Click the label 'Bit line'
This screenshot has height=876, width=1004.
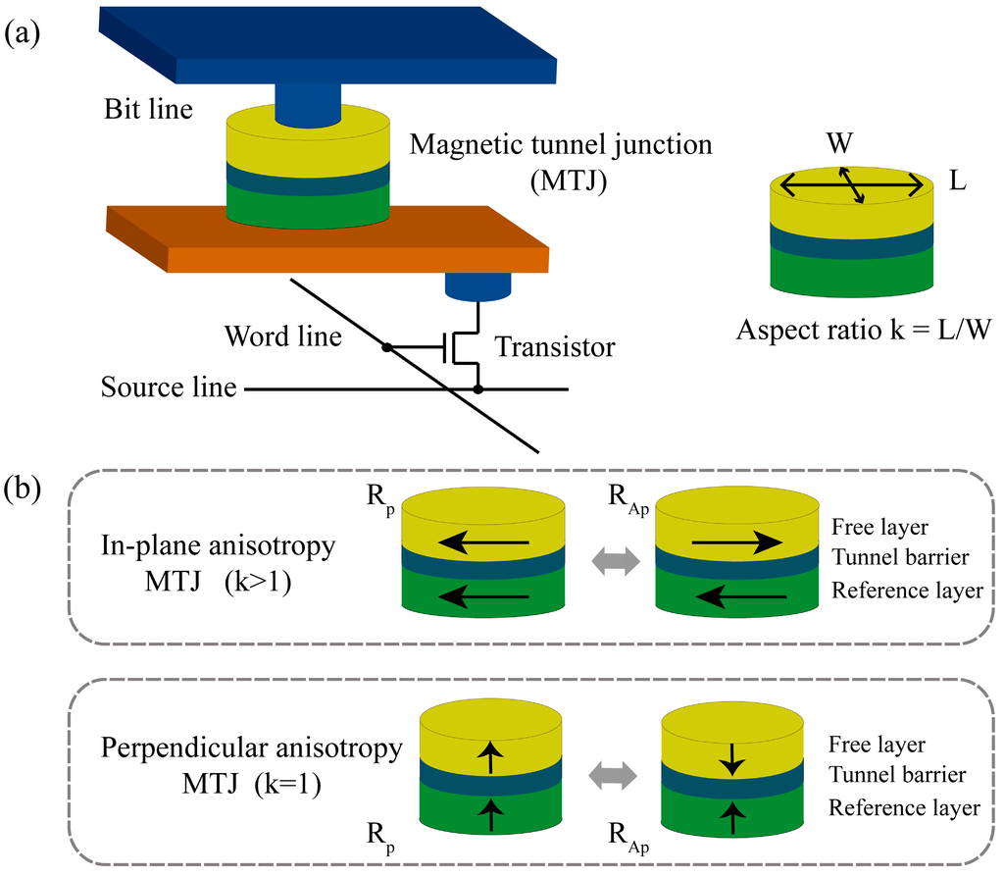pyautogui.click(x=149, y=109)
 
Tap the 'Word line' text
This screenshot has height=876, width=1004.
pyautogui.click(x=282, y=336)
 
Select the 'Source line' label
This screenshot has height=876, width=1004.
pyautogui.click(x=169, y=387)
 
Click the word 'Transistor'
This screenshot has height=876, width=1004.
pyautogui.click(x=555, y=346)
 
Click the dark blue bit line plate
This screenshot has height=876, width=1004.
pyautogui.click(x=327, y=45)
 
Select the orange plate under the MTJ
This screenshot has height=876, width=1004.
pyautogui.click(x=327, y=239)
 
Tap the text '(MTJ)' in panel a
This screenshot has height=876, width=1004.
pyautogui.click(x=569, y=180)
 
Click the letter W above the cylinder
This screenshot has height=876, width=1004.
pyautogui.click(x=839, y=143)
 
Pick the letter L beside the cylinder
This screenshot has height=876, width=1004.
pyautogui.click(x=957, y=181)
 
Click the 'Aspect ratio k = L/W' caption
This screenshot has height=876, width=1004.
pyautogui.click(x=864, y=330)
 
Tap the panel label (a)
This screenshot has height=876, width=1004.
pyautogui.click(x=23, y=33)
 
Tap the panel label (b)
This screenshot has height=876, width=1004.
pyautogui.click(x=23, y=489)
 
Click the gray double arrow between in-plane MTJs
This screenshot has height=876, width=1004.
pyautogui.click(x=616, y=561)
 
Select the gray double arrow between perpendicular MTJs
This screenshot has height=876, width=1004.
pyautogui.click(x=613, y=775)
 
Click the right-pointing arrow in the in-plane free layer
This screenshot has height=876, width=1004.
pyautogui.click(x=737, y=542)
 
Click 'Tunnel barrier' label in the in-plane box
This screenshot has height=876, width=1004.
pyautogui.click(x=900, y=557)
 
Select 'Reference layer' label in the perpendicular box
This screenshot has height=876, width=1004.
pyautogui.click(x=904, y=808)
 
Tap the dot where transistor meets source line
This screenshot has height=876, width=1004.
pyautogui.click(x=477, y=389)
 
